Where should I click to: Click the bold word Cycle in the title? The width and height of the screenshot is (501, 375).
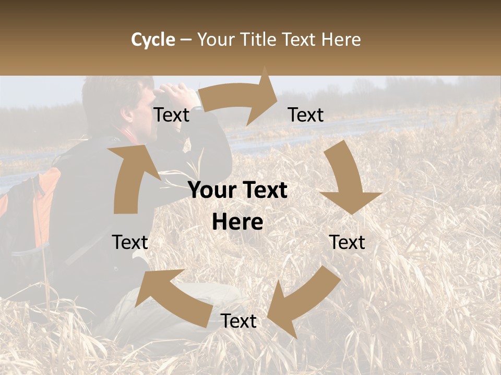153,40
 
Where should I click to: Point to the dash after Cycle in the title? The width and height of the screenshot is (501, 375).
186,40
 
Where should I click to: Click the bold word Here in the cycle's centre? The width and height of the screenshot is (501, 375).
237,222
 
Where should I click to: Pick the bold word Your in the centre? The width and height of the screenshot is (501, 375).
211,191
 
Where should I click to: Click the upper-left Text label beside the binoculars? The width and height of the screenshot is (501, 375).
171,115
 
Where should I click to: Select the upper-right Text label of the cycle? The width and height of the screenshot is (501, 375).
306,115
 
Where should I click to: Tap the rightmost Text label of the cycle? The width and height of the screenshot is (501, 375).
348,242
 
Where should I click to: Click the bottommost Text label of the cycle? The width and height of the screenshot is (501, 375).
238,321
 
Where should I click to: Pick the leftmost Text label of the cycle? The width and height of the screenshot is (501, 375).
130,242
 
